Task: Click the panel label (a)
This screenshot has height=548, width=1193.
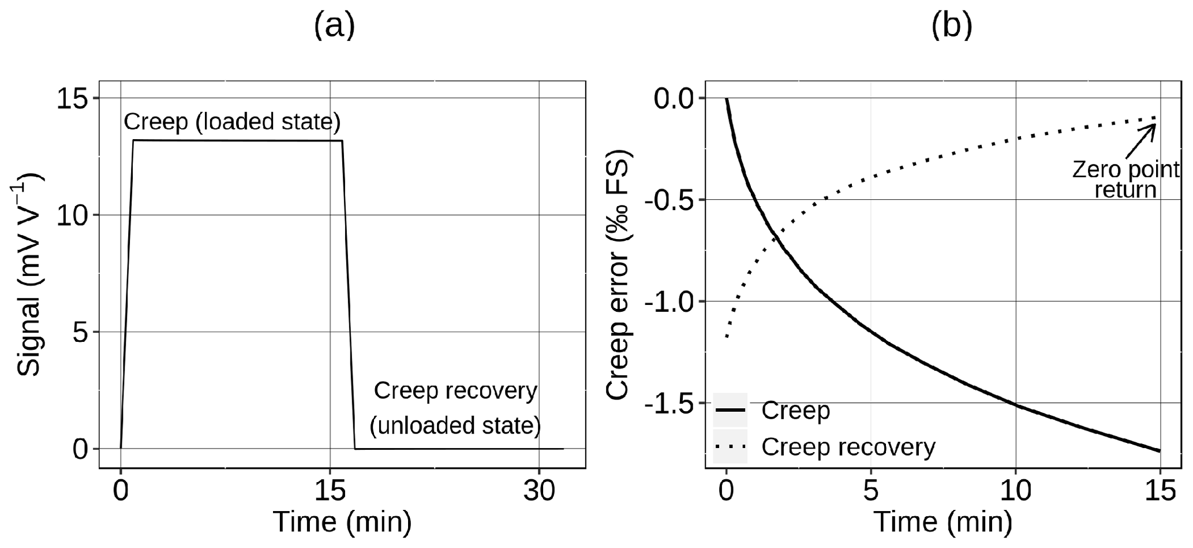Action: tap(334, 26)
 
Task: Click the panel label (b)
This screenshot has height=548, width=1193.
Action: tap(952, 26)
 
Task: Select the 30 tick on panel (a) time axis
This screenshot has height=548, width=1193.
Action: tap(538, 491)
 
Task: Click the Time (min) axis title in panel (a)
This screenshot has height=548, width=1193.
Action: tap(342, 521)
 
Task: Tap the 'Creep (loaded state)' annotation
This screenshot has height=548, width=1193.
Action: tap(232, 122)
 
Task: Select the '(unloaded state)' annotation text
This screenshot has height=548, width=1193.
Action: tap(455, 426)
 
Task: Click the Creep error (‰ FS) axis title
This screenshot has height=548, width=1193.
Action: tap(619, 275)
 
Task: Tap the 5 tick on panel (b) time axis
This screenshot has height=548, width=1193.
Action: tap(871, 491)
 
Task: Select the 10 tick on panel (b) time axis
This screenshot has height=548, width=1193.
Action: tap(1015, 491)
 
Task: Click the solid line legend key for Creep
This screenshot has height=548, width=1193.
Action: tap(730, 410)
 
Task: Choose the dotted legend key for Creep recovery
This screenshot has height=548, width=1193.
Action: tap(730, 446)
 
